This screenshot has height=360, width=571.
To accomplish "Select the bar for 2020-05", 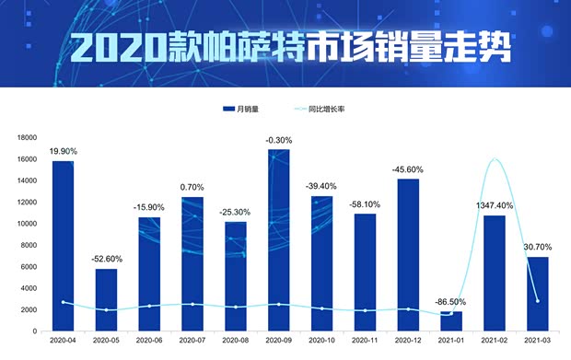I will click(x=106, y=299).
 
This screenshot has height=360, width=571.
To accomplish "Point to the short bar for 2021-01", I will click(x=451, y=321).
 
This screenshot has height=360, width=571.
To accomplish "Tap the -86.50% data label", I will click(x=451, y=302).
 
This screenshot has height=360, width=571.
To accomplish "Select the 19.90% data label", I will click(x=64, y=151).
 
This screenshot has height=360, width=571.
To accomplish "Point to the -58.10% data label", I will click(x=365, y=204).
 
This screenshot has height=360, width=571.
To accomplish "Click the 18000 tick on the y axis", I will click(x=25, y=137).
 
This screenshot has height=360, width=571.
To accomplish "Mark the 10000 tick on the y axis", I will click(x=25, y=224).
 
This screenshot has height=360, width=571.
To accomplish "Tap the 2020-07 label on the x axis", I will click(x=192, y=340).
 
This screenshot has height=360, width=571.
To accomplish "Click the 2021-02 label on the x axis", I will click(x=495, y=340).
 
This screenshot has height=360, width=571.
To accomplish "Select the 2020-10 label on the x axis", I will click(x=321, y=340).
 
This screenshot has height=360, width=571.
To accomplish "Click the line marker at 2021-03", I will click(x=538, y=301).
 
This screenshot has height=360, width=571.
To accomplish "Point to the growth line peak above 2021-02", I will click(x=495, y=159).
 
